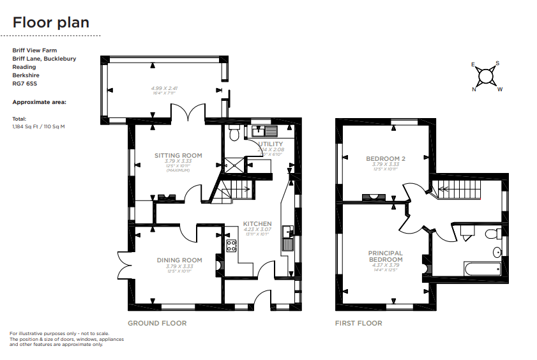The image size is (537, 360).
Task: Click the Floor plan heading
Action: click(51, 23)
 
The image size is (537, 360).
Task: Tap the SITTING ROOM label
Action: click(178, 155)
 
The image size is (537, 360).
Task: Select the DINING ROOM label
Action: click(179, 260)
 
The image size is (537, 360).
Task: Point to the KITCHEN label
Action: click(257, 223)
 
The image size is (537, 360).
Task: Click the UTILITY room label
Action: click(270, 144)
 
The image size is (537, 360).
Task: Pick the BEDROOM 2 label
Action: click(386, 158)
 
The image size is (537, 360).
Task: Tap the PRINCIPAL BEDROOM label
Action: click(385, 257)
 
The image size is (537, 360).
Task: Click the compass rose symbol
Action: click(487, 77)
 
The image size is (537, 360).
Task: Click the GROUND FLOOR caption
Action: click(157, 323)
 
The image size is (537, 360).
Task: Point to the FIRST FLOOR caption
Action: click(359, 323)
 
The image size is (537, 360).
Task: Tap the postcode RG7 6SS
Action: click(24, 83)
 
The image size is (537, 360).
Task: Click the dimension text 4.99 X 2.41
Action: click(163, 88)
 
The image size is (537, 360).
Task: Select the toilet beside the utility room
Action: click(233, 133)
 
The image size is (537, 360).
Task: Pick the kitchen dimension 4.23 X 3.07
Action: click(257, 229)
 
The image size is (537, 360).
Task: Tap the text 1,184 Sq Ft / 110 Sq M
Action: click(39, 126)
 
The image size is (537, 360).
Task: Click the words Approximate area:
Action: click(40, 101)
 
